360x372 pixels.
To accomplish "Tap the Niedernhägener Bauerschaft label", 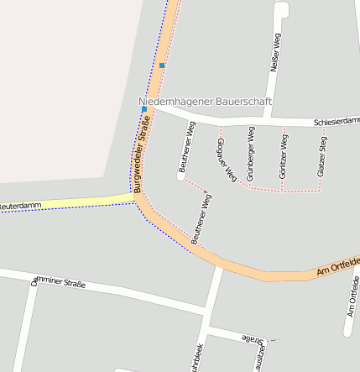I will point(205,101).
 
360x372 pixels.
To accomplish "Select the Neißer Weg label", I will point(274,54).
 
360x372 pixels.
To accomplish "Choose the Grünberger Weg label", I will point(250,154).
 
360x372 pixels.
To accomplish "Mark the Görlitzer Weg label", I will point(282,157).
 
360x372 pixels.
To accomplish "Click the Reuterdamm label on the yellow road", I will point(20,205).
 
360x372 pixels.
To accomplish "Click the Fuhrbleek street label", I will point(196,358).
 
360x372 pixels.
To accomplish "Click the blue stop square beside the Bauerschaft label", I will point(144,109).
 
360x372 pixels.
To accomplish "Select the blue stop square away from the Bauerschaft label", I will point(162,65).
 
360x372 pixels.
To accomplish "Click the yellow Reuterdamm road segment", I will point(76,202).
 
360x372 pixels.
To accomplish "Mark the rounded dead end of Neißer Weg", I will point(281,8).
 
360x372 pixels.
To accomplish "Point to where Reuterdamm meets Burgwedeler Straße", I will point(136,197).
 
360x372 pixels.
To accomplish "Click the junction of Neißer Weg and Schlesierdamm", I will point(268,117).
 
